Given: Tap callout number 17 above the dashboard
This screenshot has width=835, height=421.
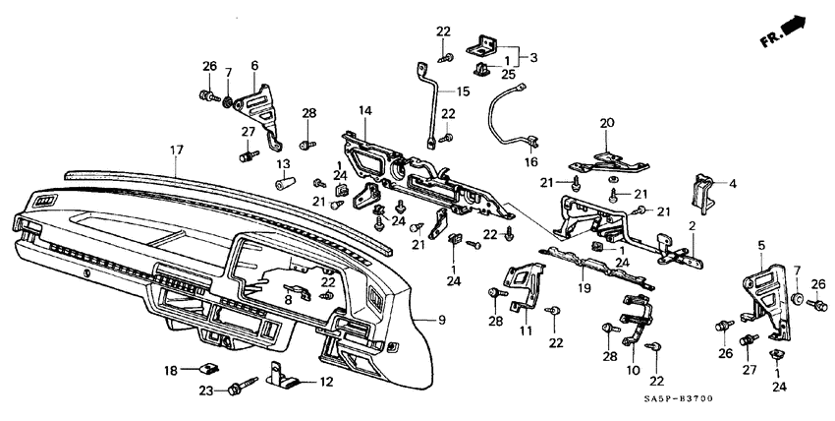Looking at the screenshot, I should [x=177, y=150].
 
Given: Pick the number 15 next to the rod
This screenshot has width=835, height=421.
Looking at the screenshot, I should [x=463, y=91].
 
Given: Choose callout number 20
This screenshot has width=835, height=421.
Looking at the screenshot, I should [x=606, y=123].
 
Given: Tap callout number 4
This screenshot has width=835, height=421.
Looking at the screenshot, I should [x=731, y=183].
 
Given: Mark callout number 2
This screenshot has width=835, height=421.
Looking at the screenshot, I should [x=693, y=226].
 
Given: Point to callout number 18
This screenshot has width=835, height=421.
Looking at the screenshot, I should [x=170, y=370].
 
